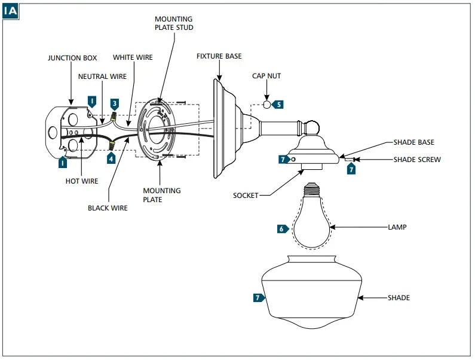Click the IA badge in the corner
(x=11, y=11)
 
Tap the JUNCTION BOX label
(x=72, y=58)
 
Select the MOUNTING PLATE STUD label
(x=174, y=23)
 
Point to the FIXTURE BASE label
(x=219, y=56)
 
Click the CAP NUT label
(x=266, y=76)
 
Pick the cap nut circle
(x=266, y=105)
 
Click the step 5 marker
(x=278, y=105)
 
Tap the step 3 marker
(x=115, y=104)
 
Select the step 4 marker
(x=111, y=158)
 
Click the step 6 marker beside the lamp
(x=283, y=228)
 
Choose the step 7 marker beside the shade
(x=259, y=298)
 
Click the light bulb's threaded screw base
(x=312, y=190)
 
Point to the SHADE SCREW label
(x=417, y=160)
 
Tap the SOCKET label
(x=246, y=196)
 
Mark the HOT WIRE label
(x=82, y=181)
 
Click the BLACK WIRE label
(x=108, y=208)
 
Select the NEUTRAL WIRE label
(x=102, y=77)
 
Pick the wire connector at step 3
(x=114, y=116)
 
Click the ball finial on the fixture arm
(x=312, y=128)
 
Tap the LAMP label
(x=397, y=227)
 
